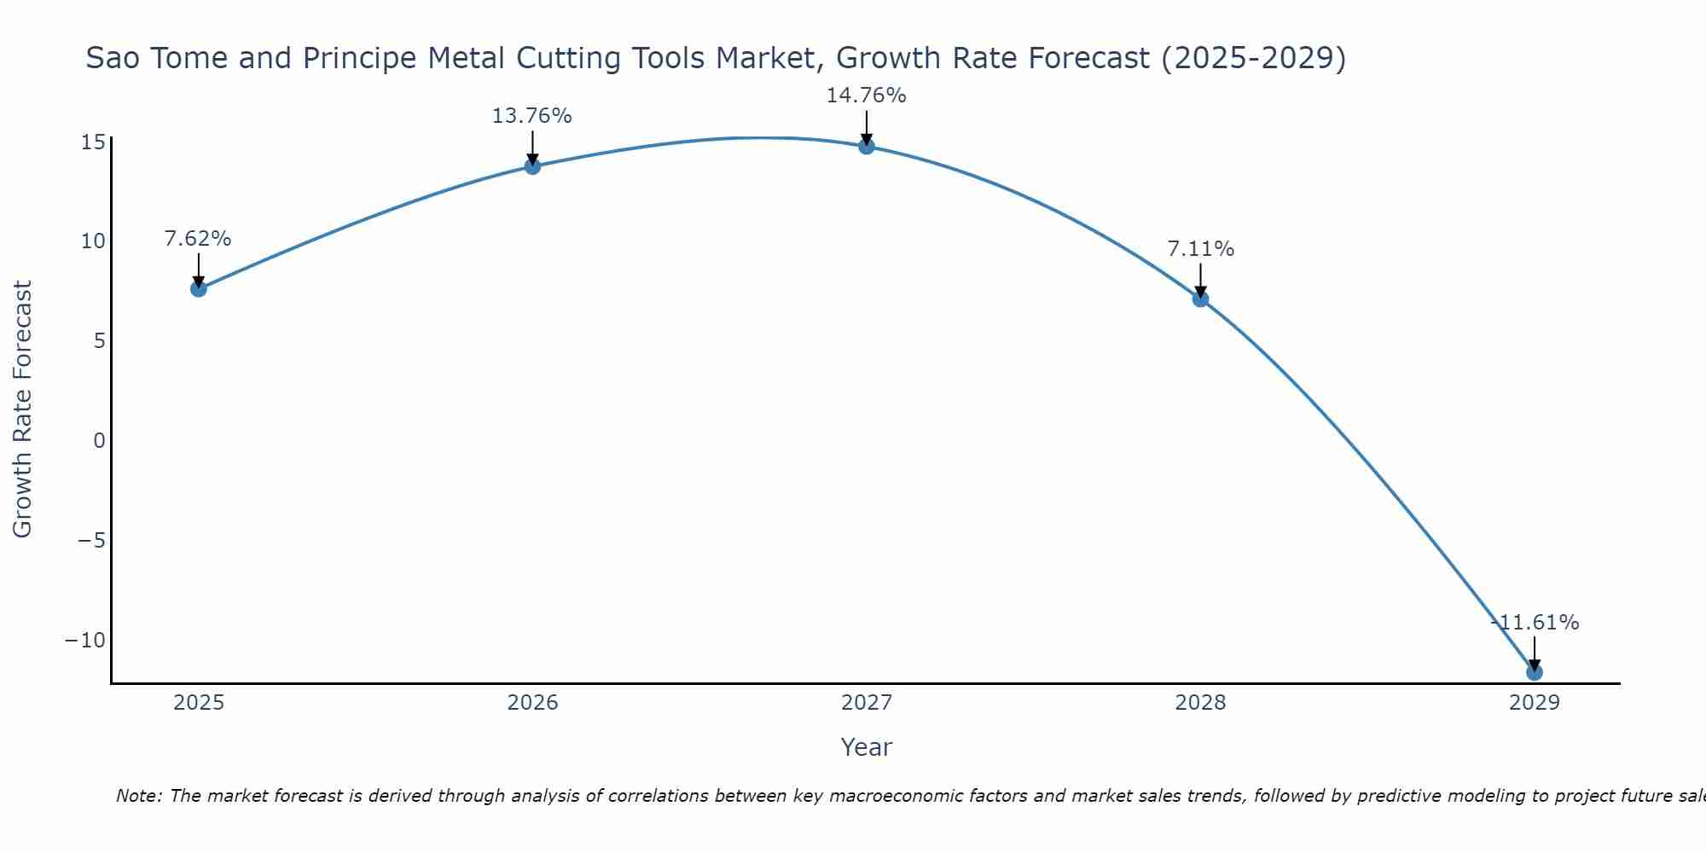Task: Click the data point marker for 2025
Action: pos(199,288)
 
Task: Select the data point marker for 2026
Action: pos(532,166)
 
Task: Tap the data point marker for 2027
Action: pos(867,146)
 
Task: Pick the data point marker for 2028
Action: pos(1200,299)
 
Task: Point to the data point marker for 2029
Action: pos(1535,672)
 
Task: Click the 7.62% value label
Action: pos(198,239)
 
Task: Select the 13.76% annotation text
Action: pos(531,116)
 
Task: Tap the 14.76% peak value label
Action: pos(866,96)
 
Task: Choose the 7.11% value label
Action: pos(1200,249)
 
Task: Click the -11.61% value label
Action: pos(1535,623)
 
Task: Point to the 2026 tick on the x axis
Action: pos(532,703)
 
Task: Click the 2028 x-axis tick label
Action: pos(1200,703)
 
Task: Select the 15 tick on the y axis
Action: pos(93,142)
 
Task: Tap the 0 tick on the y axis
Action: pos(100,440)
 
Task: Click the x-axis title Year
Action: pos(867,747)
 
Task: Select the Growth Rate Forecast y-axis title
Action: pos(23,409)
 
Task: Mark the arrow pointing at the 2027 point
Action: pos(867,128)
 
